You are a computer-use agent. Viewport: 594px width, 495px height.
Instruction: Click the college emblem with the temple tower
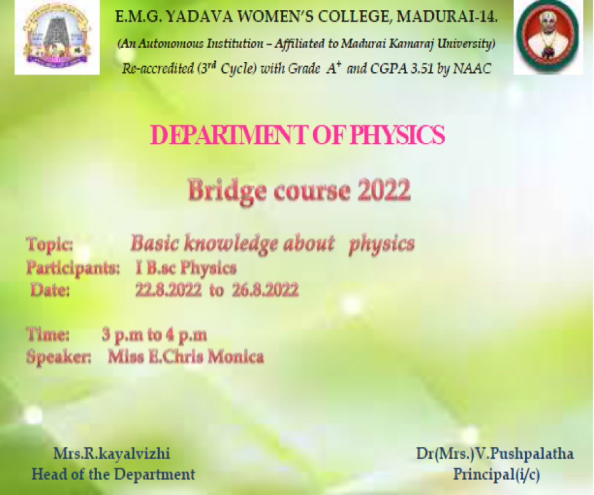coord(57,38)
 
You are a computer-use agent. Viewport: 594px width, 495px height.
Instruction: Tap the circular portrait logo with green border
coord(547,36)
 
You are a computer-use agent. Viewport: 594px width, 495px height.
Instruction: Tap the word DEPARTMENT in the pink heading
coord(229,135)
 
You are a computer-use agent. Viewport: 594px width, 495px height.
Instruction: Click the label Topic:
coord(50,244)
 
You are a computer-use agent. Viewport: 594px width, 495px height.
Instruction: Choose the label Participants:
coord(73,268)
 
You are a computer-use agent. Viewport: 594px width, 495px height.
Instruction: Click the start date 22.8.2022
coord(169,291)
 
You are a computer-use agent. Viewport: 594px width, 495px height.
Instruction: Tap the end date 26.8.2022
coord(265,291)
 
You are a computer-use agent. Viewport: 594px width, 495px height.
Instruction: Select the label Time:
coord(48,335)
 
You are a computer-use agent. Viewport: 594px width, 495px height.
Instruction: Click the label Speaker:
coord(59,357)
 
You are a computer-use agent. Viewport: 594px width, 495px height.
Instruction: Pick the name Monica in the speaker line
coord(236,357)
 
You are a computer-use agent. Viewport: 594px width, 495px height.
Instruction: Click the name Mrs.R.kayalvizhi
coord(112,454)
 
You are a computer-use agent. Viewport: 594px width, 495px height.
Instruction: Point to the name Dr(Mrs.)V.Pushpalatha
coord(495,454)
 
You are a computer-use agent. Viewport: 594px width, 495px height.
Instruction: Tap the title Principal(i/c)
coord(496,475)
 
